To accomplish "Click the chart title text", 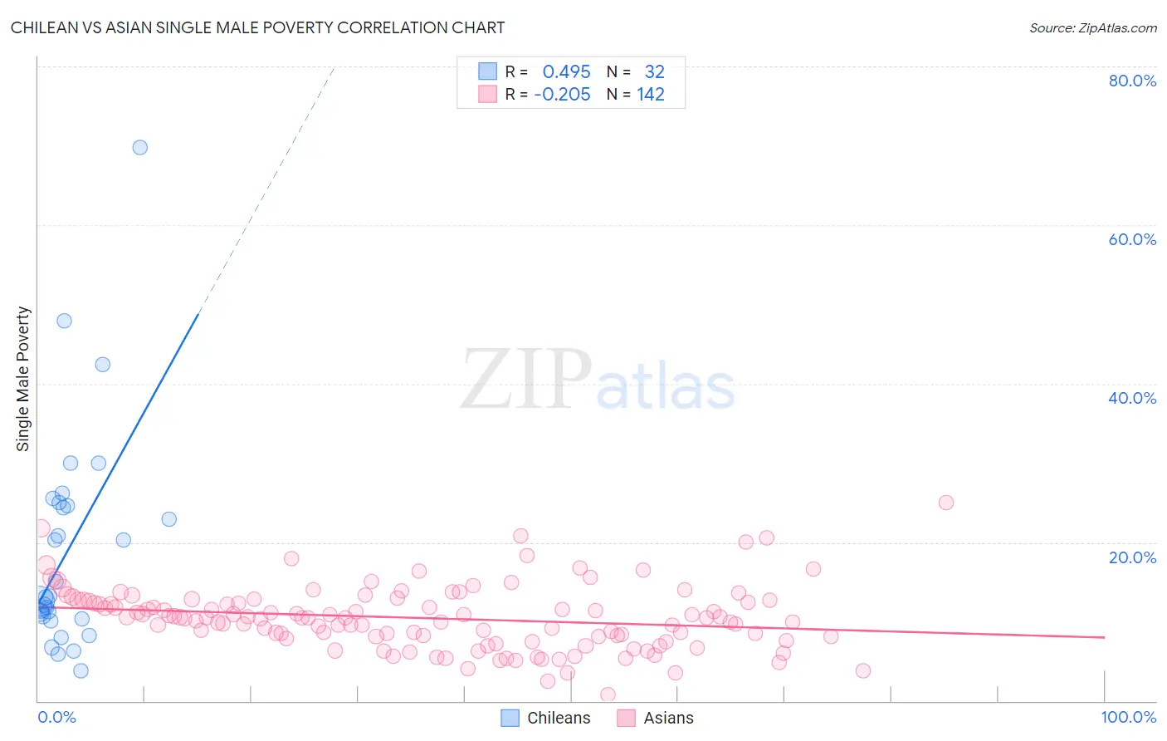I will click(x=257, y=28).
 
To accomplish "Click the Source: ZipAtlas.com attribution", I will click(x=1092, y=28).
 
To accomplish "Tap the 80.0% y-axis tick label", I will click(x=1132, y=81).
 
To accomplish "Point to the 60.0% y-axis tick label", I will click(x=1132, y=239).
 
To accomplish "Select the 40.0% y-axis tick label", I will click(x=1132, y=398).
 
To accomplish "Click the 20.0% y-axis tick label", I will click(x=1132, y=557).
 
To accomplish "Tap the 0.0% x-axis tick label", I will click(x=56, y=718).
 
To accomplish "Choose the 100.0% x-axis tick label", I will click(x=1128, y=718).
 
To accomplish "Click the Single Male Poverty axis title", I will click(x=23, y=379).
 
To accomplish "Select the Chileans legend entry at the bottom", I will click(x=558, y=718).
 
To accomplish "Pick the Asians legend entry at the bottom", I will click(x=668, y=718).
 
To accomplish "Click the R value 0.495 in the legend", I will click(x=566, y=72).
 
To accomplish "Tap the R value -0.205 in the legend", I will click(x=562, y=95).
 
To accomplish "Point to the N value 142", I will click(x=651, y=95).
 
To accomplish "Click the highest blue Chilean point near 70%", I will click(x=140, y=147).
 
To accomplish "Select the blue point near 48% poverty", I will click(x=64, y=321).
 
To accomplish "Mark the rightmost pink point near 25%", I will click(x=946, y=503).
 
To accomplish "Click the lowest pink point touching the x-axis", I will click(x=608, y=694).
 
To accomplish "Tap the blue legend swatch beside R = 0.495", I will click(x=487, y=71).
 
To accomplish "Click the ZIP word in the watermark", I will click(x=525, y=380).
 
